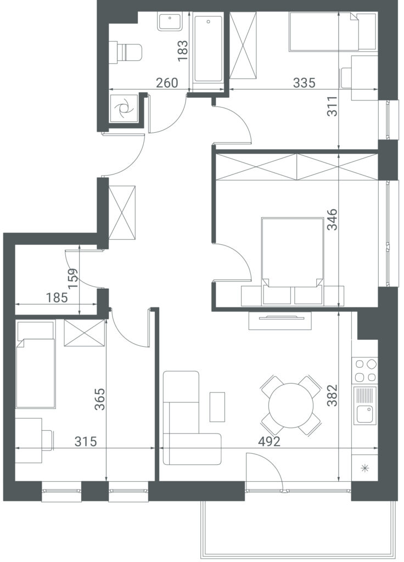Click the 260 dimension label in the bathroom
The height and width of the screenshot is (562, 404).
point(167,83)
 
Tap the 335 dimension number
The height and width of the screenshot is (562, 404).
point(304,83)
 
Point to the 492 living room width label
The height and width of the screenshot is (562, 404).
point(269,442)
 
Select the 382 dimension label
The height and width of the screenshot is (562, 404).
point(332,395)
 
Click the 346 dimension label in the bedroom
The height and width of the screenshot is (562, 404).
point(332,220)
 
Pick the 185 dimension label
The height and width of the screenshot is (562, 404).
point(57,297)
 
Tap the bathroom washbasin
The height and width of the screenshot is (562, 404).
point(170,22)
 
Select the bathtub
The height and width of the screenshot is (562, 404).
point(208,49)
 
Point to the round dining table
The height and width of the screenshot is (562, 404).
point(291,406)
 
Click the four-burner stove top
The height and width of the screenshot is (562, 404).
point(365,370)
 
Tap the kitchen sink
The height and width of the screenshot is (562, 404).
point(365,406)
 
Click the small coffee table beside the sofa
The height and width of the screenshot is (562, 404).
point(217,407)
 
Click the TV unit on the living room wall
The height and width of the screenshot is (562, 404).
point(279,321)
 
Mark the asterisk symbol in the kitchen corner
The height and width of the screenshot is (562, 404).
point(364,468)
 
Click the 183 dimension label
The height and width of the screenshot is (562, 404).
point(182,50)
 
